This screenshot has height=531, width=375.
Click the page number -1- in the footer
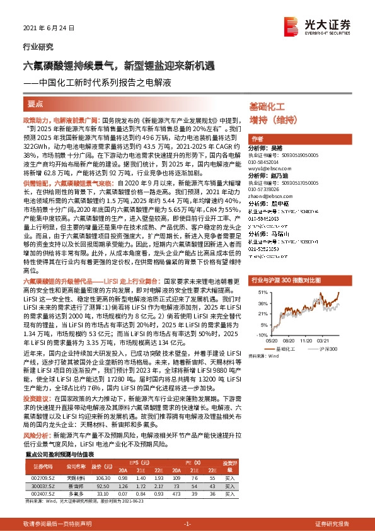187,524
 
